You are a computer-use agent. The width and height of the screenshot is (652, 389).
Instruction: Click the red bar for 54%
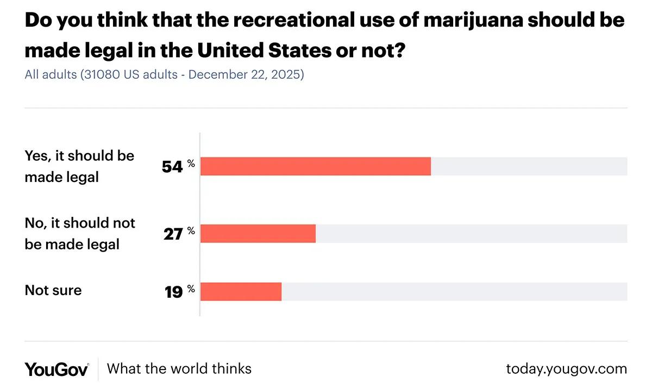[x=315, y=166]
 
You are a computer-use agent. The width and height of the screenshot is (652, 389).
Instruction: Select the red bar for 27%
[x=258, y=234]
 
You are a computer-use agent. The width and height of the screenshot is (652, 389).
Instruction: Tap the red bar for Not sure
[x=241, y=292]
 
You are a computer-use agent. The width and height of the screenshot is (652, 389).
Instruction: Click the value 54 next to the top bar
[x=172, y=167]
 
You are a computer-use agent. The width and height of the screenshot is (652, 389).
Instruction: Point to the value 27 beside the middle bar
[x=172, y=235]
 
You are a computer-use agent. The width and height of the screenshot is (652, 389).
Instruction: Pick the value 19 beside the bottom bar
[x=173, y=292]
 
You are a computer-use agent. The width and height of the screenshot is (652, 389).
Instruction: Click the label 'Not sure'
[x=53, y=290]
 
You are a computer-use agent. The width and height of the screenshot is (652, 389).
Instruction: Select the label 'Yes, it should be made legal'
[x=79, y=166]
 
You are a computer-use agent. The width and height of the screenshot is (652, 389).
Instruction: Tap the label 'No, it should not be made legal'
[x=80, y=234]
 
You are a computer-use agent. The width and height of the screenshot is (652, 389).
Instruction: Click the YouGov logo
[x=57, y=369]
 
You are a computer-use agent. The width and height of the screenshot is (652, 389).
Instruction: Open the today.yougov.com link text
[x=566, y=369]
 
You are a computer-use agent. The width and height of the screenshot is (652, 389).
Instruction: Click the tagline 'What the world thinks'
[x=179, y=369]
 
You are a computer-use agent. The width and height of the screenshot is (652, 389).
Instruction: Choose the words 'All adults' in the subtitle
[x=51, y=74]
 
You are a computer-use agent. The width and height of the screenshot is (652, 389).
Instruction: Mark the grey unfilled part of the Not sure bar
[x=454, y=292]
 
